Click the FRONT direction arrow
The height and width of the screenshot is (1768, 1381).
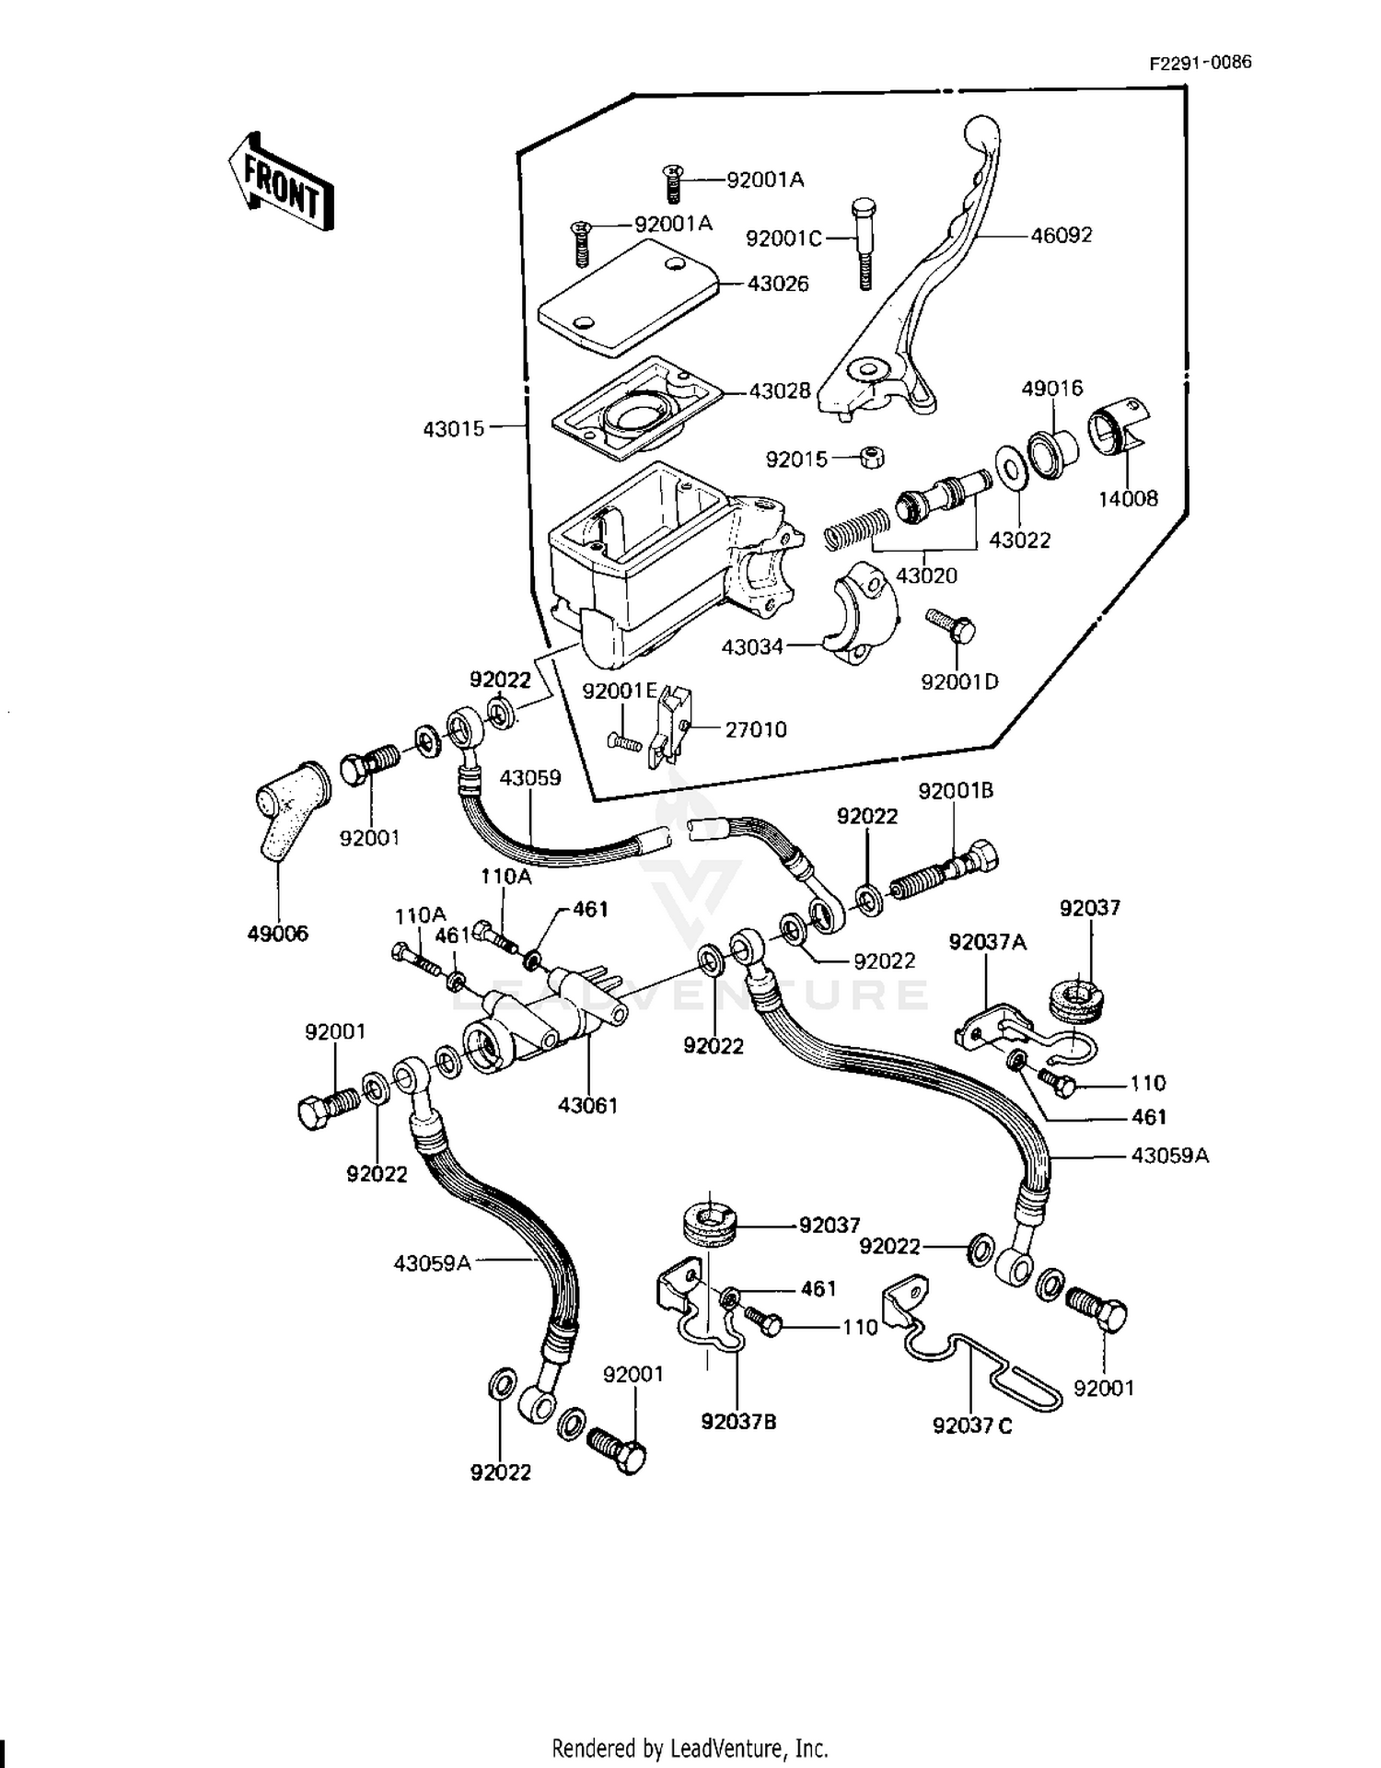pos(281,181)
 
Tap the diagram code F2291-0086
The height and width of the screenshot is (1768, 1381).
pos(1200,63)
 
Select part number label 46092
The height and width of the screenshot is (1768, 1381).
pos(1062,235)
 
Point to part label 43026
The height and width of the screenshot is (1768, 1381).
pos(778,284)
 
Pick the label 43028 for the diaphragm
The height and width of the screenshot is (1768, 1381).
pos(780,390)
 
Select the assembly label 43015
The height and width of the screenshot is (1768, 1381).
pos(454,428)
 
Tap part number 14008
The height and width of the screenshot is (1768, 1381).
pos(1128,498)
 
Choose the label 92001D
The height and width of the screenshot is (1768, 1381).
pos(959,681)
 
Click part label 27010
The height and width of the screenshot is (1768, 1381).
pos(756,729)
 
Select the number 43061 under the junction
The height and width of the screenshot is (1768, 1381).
pos(587,1105)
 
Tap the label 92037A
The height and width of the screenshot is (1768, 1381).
pos(988,942)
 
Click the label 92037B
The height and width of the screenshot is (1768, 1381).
pos(738,1422)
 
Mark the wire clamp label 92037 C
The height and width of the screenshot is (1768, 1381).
pos(972,1425)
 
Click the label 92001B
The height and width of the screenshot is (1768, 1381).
pos(956,790)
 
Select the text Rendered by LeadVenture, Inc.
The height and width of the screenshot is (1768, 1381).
pos(690,1747)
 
